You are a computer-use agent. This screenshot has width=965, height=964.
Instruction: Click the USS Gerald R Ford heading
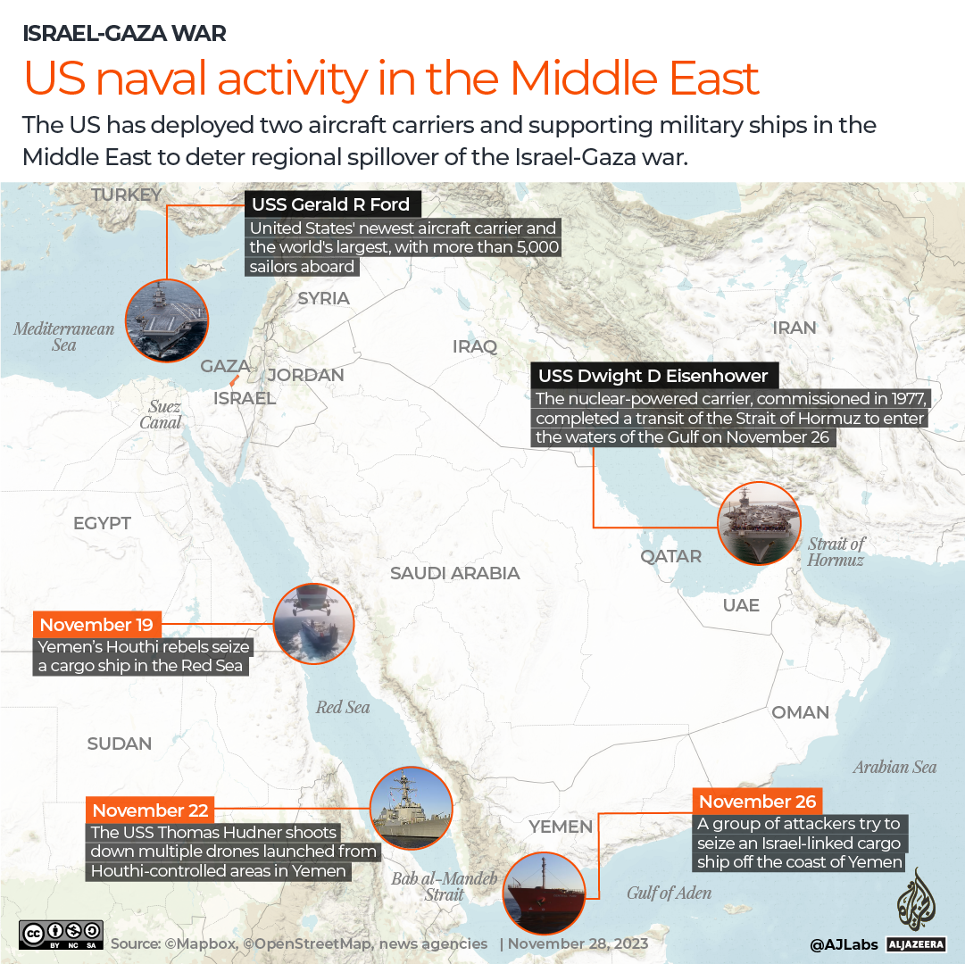[x=330, y=204]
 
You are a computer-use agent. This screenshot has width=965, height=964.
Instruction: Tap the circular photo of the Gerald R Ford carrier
[x=167, y=320]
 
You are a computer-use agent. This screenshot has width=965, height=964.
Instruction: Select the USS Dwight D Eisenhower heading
[x=654, y=376]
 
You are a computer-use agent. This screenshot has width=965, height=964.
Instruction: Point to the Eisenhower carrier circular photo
[x=760, y=524]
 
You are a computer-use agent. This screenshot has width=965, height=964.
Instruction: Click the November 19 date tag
[x=96, y=625]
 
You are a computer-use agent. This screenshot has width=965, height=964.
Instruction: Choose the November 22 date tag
[x=150, y=810]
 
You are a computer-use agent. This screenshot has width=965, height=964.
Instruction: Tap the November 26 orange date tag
[x=757, y=802]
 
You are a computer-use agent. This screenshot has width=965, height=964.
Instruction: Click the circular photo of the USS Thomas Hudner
[x=412, y=809]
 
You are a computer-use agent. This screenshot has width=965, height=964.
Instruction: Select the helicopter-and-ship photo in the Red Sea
[x=313, y=625]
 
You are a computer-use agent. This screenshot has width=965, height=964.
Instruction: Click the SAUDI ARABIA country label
[x=454, y=573]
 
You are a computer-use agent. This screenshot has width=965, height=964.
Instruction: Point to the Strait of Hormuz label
[x=836, y=552]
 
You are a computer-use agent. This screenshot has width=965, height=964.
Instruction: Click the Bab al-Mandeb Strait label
[x=444, y=886]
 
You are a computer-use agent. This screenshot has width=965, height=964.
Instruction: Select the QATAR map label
[x=670, y=556]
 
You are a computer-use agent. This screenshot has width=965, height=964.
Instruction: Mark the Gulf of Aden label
[x=669, y=893]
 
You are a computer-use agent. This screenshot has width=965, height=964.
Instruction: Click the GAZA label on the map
[x=224, y=366]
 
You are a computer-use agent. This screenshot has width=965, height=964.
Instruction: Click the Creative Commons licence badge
[x=62, y=935]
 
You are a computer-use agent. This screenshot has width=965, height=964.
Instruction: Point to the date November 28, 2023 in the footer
[x=578, y=943]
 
